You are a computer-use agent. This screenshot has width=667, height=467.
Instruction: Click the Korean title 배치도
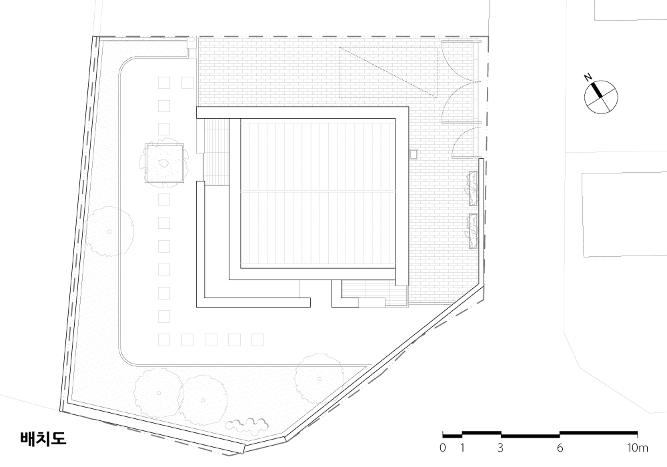pos(43,438)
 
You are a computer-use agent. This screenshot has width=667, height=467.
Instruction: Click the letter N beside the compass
pos(588,77)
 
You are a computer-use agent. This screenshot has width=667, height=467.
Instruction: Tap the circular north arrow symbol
pos(601,97)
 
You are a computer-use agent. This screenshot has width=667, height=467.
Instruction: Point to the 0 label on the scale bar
pos(443,448)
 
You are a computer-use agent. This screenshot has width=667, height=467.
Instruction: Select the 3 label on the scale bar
pos(501,448)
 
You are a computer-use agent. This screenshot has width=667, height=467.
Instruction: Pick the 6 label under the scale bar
pos(560,448)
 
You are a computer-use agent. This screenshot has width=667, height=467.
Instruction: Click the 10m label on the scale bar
pos(637,448)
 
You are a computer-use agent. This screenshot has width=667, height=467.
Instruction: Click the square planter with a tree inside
pos(165,163)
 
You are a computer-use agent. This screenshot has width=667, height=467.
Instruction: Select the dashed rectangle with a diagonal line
pos(388,72)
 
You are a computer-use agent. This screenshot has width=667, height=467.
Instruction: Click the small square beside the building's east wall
pos(414,153)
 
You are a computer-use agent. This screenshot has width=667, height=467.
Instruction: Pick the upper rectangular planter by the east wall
pos(474,187)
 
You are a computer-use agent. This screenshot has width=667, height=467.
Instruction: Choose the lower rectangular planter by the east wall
pos(474,230)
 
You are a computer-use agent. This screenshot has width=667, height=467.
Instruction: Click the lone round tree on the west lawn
pos(110,231)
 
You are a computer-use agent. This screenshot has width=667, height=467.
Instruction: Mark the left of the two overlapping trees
pos(158,393)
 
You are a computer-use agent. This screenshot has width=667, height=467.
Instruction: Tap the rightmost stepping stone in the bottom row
pos(257,340)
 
